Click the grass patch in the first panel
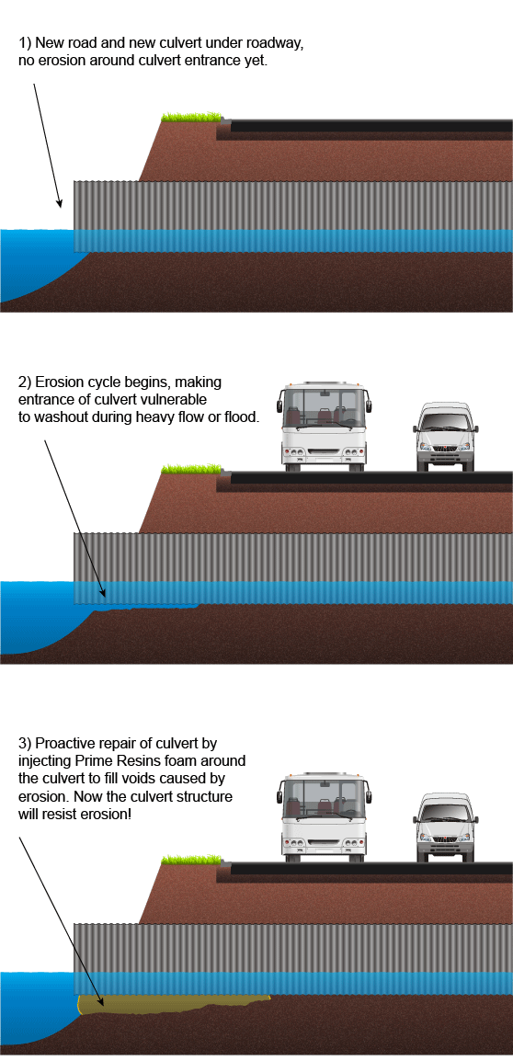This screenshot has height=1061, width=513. click(x=191, y=117)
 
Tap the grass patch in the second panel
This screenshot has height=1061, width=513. click(x=191, y=468)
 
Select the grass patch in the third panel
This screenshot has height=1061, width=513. click(x=191, y=860)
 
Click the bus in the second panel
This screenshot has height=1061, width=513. click(x=324, y=427)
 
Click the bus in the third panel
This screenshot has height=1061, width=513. click(x=324, y=818)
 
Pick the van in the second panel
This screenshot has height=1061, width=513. click(x=446, y=437)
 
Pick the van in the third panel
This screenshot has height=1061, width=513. click(x=446, y=828)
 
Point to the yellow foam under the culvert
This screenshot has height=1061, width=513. click(x=169, y=1005)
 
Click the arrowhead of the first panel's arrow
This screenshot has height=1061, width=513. click(x=59, y=202)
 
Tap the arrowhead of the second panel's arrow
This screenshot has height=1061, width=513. click(x=101, y=591)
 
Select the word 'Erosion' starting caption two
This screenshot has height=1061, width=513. click(x=58, y=382)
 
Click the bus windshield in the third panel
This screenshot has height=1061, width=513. click(x=324, y=796)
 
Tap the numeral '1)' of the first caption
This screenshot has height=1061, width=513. click(x=25, y=43)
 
